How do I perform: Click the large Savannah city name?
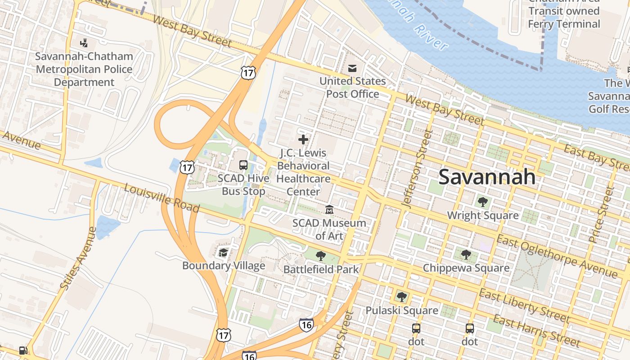487,176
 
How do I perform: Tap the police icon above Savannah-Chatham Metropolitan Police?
83,43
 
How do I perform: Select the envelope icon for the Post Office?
352,68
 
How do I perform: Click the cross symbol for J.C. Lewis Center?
303,139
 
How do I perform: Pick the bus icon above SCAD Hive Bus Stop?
243,165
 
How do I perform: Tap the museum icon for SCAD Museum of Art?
329,210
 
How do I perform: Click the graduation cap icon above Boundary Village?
223,252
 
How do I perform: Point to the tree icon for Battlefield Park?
321,256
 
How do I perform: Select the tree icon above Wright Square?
483,202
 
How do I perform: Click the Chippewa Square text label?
466,268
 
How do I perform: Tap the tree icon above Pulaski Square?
401,297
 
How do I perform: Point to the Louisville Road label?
162,198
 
